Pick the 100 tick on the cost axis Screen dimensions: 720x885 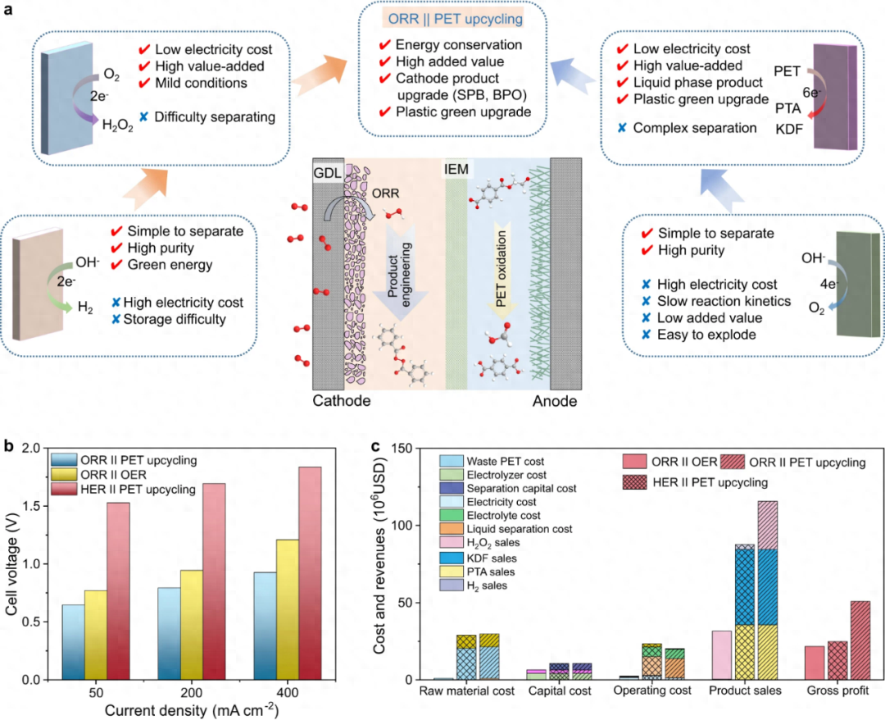(x=401, y=526)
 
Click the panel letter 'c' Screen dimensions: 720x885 (x=375, y=447)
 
